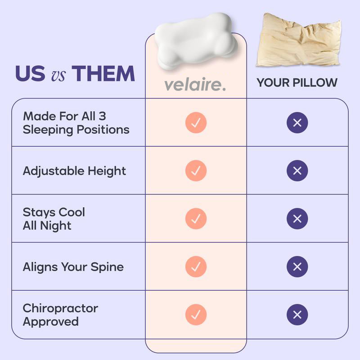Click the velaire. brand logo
195,84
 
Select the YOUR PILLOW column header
297,83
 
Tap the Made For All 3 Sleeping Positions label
76,122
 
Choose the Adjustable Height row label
74,171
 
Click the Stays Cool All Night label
54,219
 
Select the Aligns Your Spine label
73,267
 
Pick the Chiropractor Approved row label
60,315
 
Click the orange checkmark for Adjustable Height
196,171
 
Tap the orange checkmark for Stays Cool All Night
196,219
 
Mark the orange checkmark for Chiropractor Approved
196,315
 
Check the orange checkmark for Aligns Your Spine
196,266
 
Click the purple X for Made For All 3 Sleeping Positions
297,122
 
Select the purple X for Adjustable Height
297,171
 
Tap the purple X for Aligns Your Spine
297,266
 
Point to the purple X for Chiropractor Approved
297,315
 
